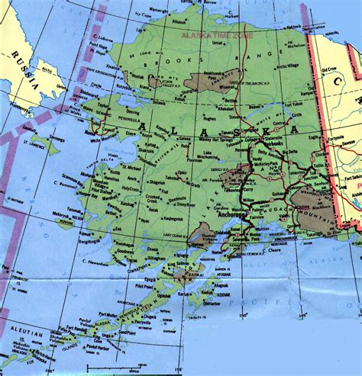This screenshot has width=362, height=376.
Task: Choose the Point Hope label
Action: click(x=99, y=45)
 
